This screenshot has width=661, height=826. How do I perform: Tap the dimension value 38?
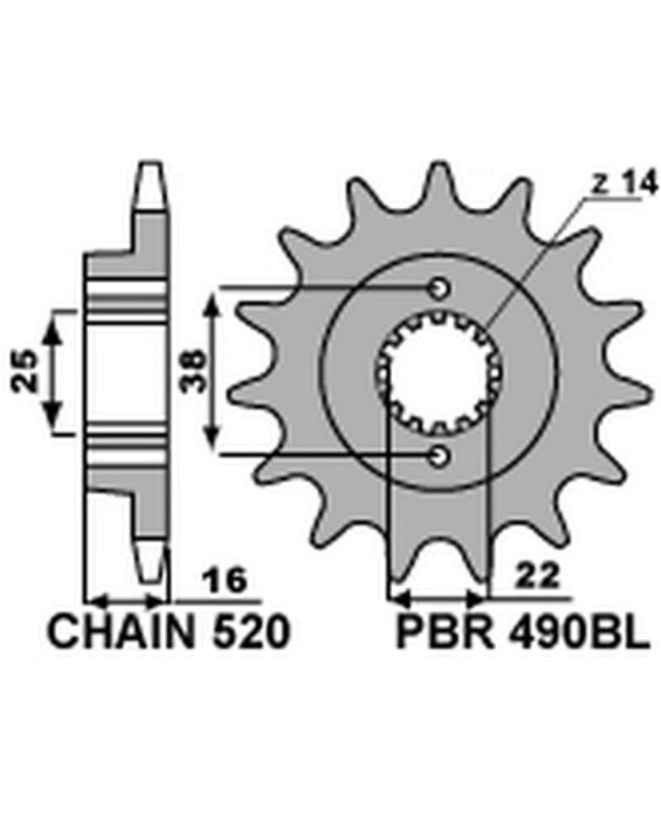[x=192, y=372]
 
